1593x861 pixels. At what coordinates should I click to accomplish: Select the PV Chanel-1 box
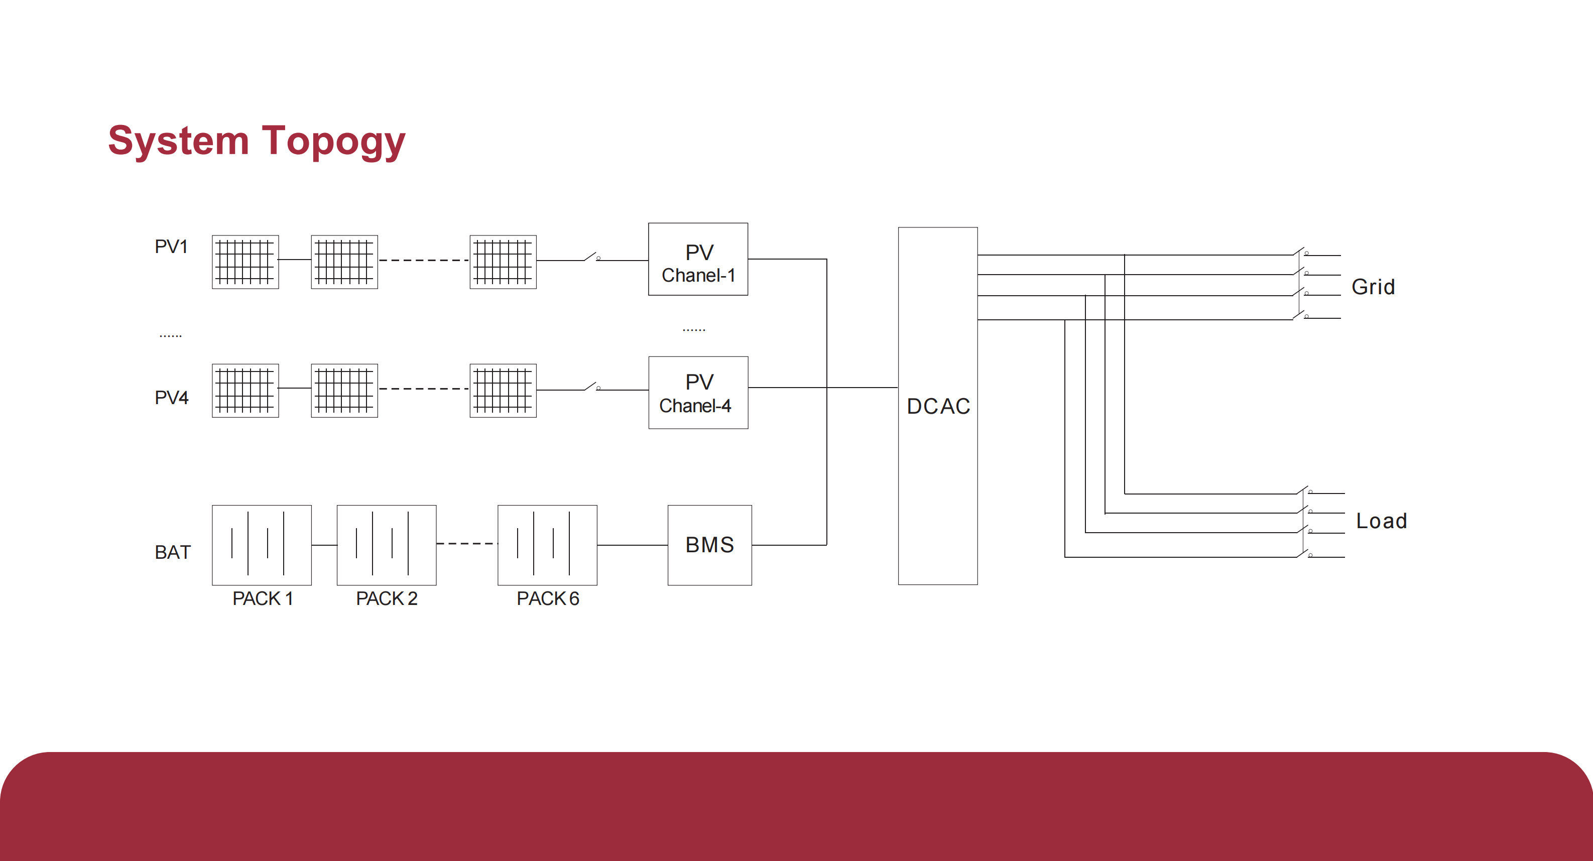(697, 259)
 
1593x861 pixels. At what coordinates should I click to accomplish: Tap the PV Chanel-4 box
(697, 392)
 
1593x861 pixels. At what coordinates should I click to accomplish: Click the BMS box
(709, 545)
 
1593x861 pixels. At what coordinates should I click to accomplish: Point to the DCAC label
(937, 406)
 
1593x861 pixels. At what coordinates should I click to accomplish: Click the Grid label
(1373, 287)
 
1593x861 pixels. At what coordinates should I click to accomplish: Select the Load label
(1381, 521)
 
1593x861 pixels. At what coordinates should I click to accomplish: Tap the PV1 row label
(171, 247)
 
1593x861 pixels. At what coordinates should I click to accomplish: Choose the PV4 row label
(171, 397)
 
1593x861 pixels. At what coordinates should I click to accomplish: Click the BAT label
(173, 552)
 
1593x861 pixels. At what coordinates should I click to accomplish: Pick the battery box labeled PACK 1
(262, 545)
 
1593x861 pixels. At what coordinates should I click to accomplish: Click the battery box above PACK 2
(387, 545)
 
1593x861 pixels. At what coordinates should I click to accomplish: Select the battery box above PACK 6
(547, 545)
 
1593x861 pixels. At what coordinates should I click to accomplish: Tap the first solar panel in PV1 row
(245, 262)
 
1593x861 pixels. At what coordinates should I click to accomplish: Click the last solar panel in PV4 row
(503, 390)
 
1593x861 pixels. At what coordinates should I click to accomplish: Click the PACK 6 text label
(547, 599)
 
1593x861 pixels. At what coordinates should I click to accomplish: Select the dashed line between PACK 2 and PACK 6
(467, 544)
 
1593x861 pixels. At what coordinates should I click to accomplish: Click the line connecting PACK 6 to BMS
(632, 545)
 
